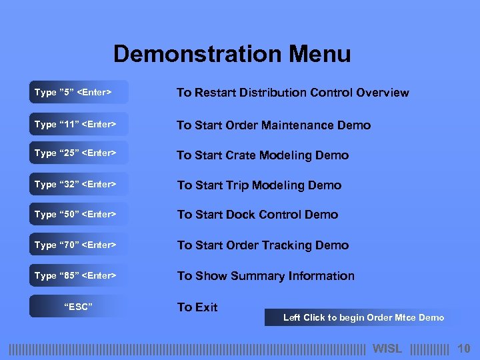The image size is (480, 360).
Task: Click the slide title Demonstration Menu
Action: [232, 54]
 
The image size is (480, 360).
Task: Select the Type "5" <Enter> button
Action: [78, 93]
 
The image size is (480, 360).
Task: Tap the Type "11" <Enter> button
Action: [78, 125]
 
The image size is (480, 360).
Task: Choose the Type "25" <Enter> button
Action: [78, 153]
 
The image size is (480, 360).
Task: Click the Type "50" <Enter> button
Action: [78, 215]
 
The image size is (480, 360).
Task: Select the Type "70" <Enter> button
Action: [78, 245]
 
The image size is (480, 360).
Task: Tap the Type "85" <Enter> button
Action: [78, 276]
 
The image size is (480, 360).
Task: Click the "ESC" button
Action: [78, 307]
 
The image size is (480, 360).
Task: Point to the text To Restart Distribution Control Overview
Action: [293, 93]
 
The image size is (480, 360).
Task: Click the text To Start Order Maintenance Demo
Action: [273, 125]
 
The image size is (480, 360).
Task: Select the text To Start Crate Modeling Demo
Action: [263, 155]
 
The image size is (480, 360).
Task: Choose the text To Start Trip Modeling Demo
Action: [259, 185]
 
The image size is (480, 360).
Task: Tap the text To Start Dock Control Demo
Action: [257, 215]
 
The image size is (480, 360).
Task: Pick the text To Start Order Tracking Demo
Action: [263, 245]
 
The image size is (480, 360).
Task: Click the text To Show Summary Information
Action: [265, 276]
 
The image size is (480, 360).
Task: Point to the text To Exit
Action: [197, 307]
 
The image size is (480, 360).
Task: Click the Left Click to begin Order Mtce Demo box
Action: [363, 318]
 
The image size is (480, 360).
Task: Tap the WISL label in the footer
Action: [387, 349]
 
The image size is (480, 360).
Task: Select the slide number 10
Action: [464, 349]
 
